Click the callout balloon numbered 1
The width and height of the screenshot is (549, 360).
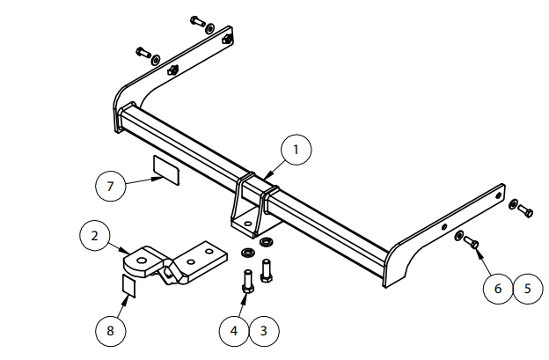296,151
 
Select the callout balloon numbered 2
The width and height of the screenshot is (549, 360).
95,236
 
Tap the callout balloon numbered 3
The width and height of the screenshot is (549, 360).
264,331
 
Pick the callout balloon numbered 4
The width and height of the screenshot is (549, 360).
234,331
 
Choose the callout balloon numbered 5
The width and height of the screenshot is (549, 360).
528,288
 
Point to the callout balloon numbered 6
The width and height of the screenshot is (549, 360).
497,288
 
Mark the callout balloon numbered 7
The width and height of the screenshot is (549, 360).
111,187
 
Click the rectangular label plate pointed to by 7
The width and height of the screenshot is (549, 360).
165,169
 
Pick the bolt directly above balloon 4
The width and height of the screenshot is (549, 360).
247,282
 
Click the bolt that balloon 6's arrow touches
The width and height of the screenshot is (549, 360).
471,241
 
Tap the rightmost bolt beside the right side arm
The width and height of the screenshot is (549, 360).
524,210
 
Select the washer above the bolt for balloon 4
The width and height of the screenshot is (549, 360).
246,253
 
